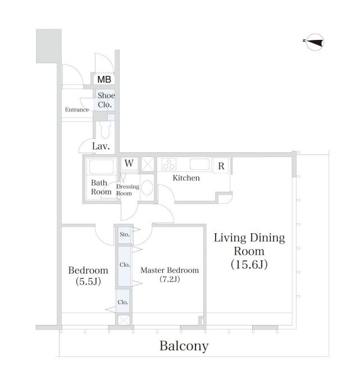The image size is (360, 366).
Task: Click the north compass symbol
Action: click(x=315, y=42)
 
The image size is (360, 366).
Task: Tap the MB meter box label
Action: click(x=104, y=79)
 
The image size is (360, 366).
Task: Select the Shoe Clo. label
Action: click(x=106, y=100)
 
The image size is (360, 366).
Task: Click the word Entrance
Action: click(x=77, y=110)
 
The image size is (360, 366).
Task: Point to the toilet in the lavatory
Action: click(x=106, y=130)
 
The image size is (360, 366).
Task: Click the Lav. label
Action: click(x=101, y=146)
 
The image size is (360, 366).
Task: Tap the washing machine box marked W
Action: click(x=129, y=163)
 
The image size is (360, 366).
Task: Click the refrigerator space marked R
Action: click(x=221, y=166)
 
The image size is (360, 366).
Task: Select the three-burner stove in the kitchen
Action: click(x=169, y=164)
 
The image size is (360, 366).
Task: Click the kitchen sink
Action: click(x=199, y=164)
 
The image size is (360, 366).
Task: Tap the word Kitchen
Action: click(x=186, y=178)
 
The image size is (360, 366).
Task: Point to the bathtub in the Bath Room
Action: click(x=102, y=166)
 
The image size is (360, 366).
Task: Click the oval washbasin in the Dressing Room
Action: click(x=147, y=188)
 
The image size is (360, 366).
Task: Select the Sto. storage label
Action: click(x=125, y=234)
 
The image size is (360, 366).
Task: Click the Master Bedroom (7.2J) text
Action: click(x=170, y=274)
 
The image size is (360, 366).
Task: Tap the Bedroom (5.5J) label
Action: click(x=88, y=275)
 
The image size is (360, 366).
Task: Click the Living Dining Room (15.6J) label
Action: click(x=249, y=251)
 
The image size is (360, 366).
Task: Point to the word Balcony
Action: click(x=184, y=346)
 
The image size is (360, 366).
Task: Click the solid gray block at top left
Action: click(x=49, y=46)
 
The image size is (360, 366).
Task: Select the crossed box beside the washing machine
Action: click(x=148, y=164)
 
